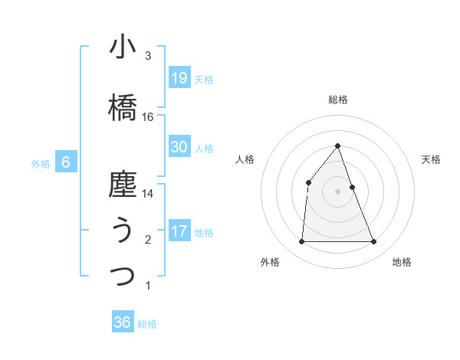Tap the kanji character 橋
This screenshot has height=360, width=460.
[123, 107]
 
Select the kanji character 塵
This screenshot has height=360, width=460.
[123, 185]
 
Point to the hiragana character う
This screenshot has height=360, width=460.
[123, 231]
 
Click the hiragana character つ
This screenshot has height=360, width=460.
[123, 276]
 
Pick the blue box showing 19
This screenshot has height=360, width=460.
[179, 77]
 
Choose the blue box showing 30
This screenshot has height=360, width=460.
[179, 146]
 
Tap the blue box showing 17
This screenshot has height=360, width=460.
[179, 231]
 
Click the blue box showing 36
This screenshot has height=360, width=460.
[122, 322]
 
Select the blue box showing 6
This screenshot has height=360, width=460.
[66, 162]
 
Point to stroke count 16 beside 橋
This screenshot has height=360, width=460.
[148, 117]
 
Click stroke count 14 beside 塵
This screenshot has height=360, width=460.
[148, 194]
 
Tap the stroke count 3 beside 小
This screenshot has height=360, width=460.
[148, 57]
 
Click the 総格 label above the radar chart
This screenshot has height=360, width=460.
[338, 100]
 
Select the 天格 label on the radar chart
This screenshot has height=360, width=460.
[432, 159]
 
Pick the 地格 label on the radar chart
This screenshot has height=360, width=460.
[402, 262]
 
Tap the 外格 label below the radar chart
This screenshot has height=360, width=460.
[270, 262]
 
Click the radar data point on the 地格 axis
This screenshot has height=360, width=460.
[374, 242]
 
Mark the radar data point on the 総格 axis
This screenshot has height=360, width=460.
[338, 146]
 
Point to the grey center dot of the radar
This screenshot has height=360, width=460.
[338, 191]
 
